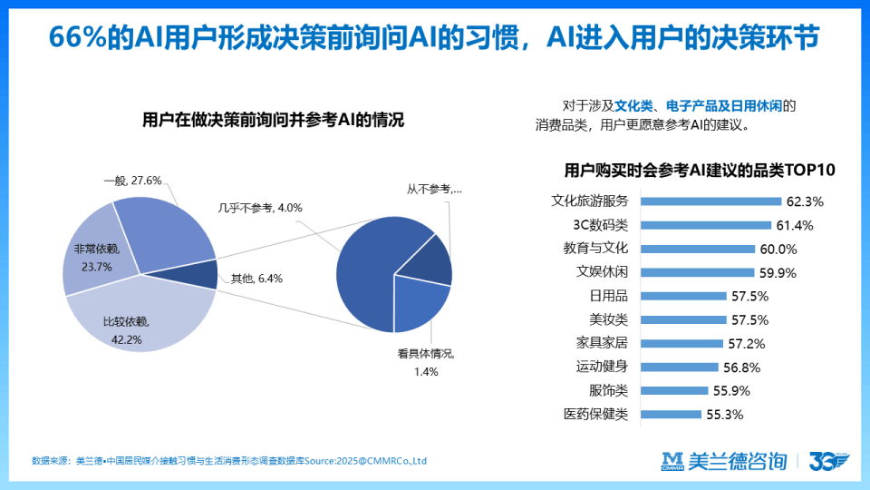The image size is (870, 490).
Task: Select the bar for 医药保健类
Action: [672, 415]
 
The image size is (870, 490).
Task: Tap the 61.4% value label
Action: [795, 225]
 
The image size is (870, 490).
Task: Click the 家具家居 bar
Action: [681, 343]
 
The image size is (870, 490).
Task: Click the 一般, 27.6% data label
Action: [132, 181]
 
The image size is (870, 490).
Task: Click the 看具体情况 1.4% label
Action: [425, 362]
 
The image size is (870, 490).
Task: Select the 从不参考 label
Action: [434, 190]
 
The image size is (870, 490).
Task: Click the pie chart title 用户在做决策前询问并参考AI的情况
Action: [273, 120]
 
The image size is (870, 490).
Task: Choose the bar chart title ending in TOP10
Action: [698, 170]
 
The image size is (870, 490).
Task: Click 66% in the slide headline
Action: [78, 37]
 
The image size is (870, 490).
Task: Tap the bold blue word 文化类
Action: [634, 105]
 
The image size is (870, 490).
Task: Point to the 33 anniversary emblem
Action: [827, 461]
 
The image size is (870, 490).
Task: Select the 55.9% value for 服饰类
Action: [736, 391]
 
